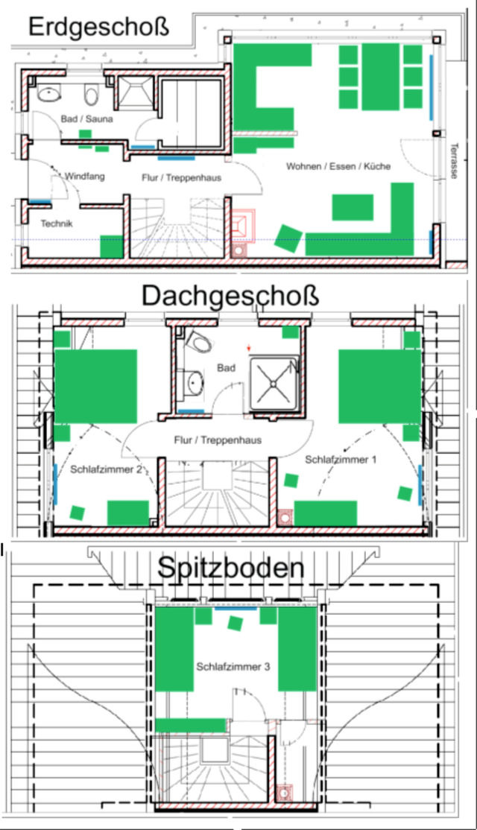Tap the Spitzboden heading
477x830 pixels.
[x=230, y=568]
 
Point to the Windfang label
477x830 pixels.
[x=84, y=177]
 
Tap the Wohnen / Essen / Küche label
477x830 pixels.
[x=338, y=167]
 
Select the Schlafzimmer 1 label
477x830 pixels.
[x=341, y=460]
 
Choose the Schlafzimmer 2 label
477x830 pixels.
[x=105, y=469]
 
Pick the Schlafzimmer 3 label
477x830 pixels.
[x=233, y=667]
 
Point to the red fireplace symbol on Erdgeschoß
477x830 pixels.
[x=244, y=225]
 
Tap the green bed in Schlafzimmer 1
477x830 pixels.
[x=380, y=386]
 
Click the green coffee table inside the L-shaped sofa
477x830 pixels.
[x=353, y=206]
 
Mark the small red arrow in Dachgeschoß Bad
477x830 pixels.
[x=249, y=348]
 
